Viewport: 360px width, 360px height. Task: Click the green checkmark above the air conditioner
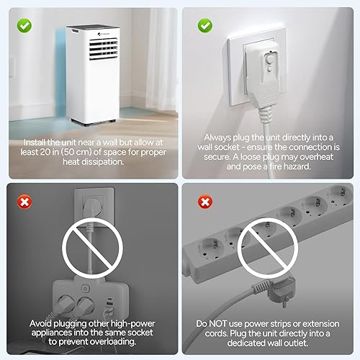24,25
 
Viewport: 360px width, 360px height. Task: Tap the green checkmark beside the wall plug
205,25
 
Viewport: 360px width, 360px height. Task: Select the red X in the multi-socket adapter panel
24,202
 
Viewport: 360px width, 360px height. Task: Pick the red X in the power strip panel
205,202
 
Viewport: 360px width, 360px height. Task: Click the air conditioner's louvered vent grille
104,49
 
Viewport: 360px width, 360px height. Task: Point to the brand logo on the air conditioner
103,34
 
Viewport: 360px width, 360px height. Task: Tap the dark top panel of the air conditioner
93,27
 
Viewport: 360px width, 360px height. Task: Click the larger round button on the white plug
270,59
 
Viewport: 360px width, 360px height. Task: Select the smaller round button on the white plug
269,70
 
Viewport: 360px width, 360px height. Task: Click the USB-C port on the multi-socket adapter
110,300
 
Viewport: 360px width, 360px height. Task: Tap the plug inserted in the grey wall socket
93,206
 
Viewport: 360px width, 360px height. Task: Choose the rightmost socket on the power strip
339,195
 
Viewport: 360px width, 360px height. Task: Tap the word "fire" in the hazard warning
276,166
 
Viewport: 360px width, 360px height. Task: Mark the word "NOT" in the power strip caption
217,324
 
